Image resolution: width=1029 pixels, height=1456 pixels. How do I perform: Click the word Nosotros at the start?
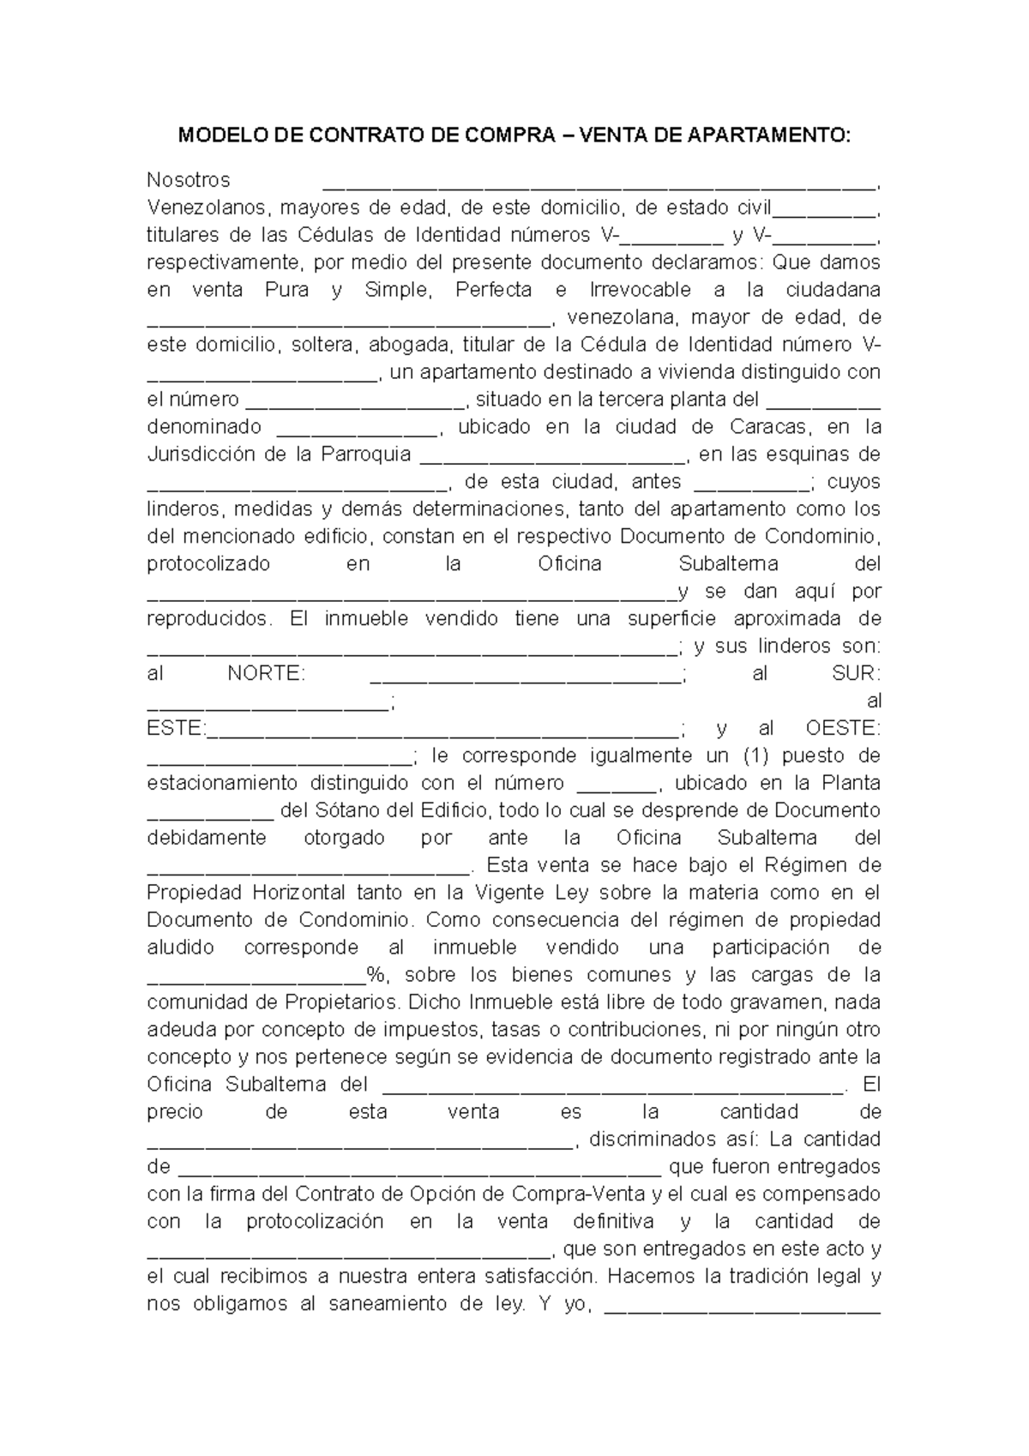(189, 180)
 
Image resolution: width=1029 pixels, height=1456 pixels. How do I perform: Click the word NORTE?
(266, 674)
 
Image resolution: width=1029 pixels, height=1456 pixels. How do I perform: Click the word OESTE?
(843, 729)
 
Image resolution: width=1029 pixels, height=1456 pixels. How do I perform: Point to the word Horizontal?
(298, 893)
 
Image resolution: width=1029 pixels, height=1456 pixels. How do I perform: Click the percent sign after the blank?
(375, 975)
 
